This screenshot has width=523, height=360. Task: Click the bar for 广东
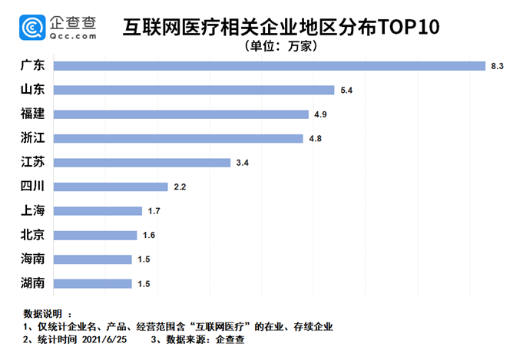point(270,66)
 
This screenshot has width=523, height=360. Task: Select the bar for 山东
point(194,91)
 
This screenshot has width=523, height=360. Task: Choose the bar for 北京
point(96,235)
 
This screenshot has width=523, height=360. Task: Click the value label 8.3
point(497,67)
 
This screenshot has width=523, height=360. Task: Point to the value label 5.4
point(346,91)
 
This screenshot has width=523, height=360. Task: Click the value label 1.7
point(154,211)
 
